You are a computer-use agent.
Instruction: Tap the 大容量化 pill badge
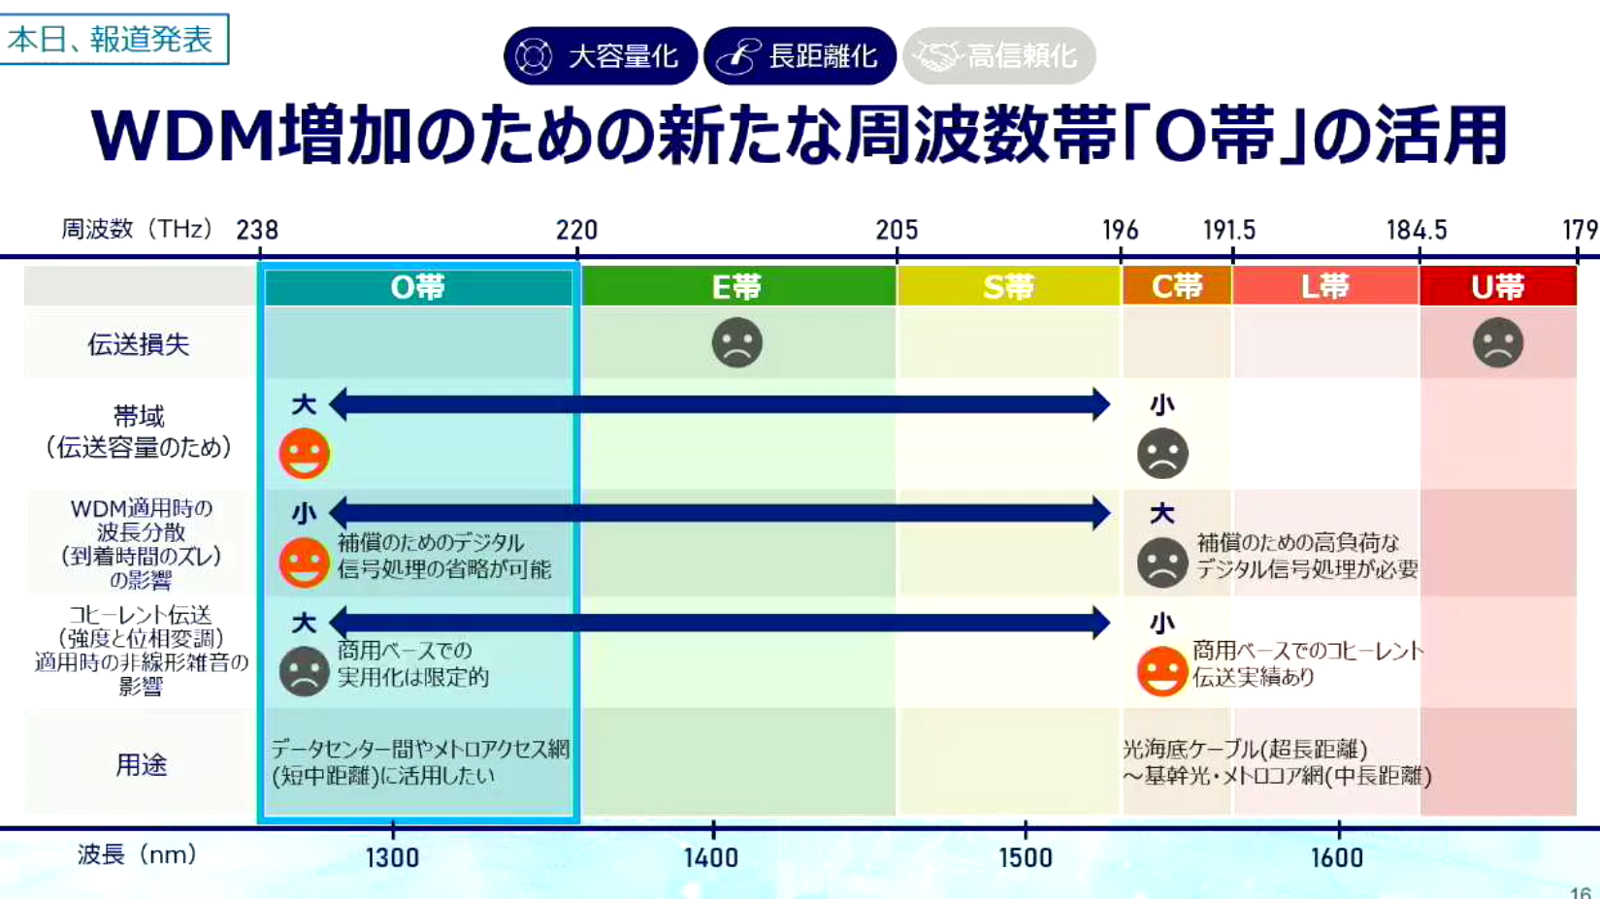click(600, 55)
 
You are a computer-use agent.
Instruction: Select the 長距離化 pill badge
click(800, 55)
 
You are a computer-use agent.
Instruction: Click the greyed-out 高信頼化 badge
click(999, 55)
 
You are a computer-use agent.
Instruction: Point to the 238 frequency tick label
click(257, 230)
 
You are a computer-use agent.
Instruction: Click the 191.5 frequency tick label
click(1229, 230)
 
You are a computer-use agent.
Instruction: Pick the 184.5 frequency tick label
click(1418, 230)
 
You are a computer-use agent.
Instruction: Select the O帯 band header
click(418, 286)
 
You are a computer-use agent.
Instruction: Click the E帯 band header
click(737, 286)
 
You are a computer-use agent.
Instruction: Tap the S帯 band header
click(1008, 286)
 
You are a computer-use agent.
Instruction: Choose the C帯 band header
click(1177, 286)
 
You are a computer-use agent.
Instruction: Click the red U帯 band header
click(1498, 286)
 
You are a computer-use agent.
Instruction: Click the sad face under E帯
click(737, 342)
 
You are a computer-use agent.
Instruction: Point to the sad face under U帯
click(1498, 342)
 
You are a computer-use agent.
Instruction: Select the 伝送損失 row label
click(139, 344)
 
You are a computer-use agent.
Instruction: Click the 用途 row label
click(141, 765)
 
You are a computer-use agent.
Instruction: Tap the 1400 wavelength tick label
click(711, 857)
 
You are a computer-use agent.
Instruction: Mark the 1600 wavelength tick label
click(1337, 857)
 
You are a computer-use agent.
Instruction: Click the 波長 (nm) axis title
click(137, 854)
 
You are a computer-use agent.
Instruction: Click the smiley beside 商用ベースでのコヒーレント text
click(1162, 671)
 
